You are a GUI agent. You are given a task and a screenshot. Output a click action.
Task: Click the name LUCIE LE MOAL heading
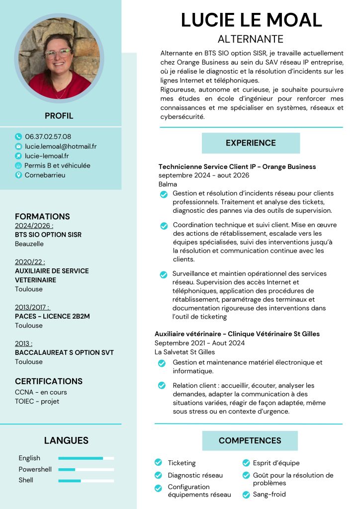pyautogui.click(x=251, y=20)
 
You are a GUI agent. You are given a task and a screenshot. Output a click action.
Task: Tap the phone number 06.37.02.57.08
pyautogui.click(x=48, y=136)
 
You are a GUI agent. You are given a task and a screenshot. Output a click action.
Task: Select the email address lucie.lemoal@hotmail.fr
pyautogui.click(x=61, y=146)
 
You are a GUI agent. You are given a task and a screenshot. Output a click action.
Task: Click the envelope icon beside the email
pyautogui.click(x=19, y=146)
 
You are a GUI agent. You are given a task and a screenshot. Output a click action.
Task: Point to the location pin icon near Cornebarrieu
pyautogui.click(x=19, y=175)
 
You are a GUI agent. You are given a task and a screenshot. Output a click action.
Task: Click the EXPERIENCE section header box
pyautogui.click(x=251, y=143)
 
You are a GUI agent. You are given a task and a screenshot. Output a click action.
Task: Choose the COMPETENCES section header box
pyautogui.click(x=250, y=440)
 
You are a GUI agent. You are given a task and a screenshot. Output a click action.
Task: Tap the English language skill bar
pyautogui.click(x=86, y=458)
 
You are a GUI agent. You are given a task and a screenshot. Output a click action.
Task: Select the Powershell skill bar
pyautogui.click(x=86, y=469)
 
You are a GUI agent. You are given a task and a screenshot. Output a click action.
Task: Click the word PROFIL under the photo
pyautogui.click(x=59, y=116)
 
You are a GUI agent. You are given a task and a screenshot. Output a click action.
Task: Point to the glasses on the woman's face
pyautogui.click(x=59, y=53)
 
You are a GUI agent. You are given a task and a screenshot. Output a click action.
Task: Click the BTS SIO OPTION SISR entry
pyautogui.click(x=48, y=235)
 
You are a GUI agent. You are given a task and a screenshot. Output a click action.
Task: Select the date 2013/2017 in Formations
pyautogui.click(x=32, y=307)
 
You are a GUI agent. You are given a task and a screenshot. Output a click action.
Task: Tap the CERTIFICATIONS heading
pyautogui.click(x=49, y=381)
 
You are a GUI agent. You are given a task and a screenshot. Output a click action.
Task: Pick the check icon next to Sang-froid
pyautogui.click(x=245, y=495)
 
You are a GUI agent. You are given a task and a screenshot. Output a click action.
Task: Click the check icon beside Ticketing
pyautogui.click(x=158, y=463)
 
